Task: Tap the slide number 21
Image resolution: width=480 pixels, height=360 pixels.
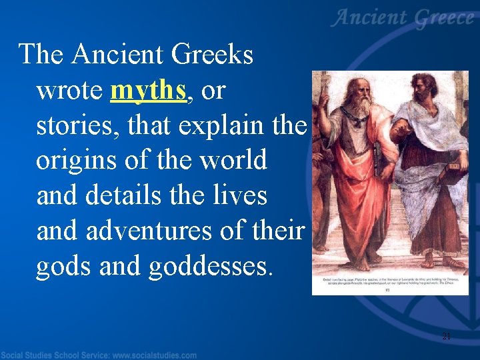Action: tap(446, 336)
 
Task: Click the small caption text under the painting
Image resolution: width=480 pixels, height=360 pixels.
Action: tap(390, 283)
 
